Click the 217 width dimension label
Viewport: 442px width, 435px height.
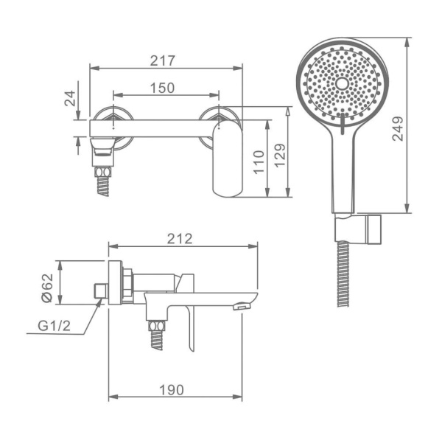[x=162, y=60]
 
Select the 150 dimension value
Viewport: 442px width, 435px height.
[x=162, y=88]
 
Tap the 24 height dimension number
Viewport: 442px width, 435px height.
[x=70, y=98]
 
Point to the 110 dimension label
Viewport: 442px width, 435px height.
[x=259, y=162]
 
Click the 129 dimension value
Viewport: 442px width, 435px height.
[x=280, y=156]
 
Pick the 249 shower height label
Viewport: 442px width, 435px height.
[x=398, y=128]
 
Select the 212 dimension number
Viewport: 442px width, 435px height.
[x=180, y=239]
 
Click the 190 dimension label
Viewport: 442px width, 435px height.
[x=172, y=390]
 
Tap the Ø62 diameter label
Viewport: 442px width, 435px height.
[x=47, y=288]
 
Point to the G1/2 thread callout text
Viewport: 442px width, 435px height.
[x=54, y=326]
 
